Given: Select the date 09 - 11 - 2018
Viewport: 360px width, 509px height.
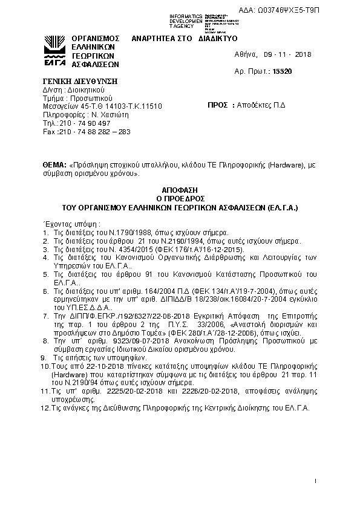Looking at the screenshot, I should [x=287, y=54].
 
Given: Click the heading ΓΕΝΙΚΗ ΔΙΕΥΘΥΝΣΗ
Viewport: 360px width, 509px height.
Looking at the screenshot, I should [x=79, y=82].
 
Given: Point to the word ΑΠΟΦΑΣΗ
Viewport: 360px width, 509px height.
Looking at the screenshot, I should [x=181, y=189].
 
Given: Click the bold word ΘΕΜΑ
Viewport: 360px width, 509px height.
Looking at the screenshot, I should [x=54, y=165].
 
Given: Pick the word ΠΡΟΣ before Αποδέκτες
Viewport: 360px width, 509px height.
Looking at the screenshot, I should [x=217, y=105].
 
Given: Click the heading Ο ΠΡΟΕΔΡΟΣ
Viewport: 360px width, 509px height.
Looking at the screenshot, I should [x=181, y=198].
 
